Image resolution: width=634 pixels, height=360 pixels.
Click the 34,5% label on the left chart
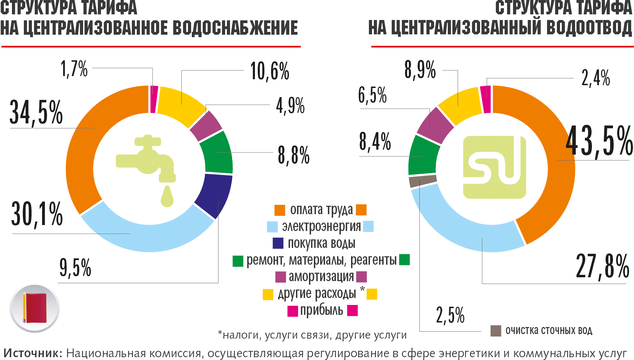(36, 112)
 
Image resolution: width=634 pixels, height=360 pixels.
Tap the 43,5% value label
(599, 141)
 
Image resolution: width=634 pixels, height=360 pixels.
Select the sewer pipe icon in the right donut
(494, 167)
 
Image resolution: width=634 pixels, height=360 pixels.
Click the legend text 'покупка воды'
(322, 243)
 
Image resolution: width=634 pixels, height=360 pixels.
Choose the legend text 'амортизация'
(321, 277)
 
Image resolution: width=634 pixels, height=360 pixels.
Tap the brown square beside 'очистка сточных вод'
(495, 331)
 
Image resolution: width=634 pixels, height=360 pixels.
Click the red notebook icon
(35, 308)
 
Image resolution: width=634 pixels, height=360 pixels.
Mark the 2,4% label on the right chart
(595, 77)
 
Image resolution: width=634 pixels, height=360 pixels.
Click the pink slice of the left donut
(154, 99)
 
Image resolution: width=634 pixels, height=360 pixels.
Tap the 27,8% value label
(602, 266)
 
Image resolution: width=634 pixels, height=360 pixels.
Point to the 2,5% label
(450, 314)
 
